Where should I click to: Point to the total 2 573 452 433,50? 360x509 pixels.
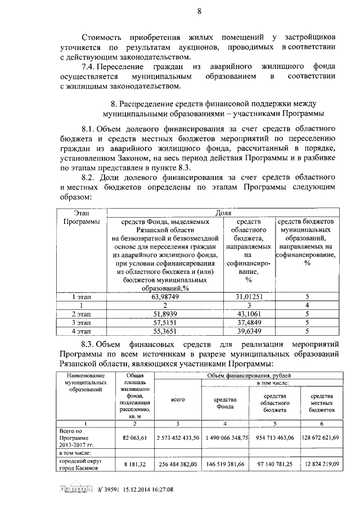[178, 436]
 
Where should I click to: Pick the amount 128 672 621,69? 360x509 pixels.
[327, 436]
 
